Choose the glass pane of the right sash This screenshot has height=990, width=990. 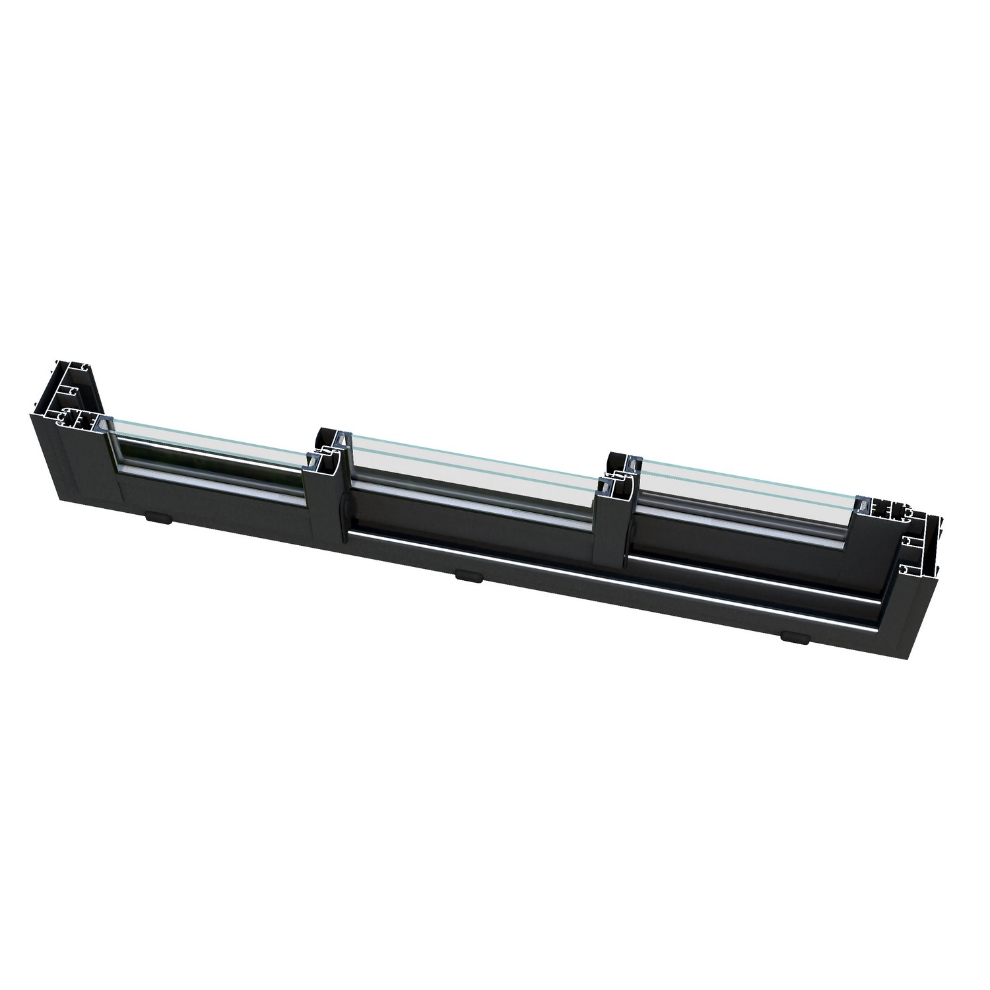pos(746,492)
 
